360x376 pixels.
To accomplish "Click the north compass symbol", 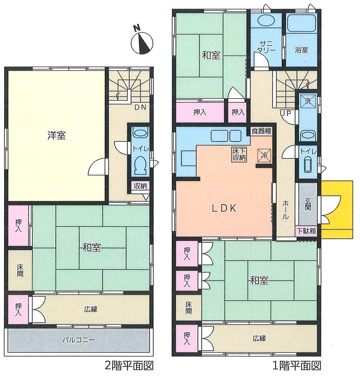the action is [142, 42].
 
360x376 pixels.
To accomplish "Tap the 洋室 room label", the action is [56, 136].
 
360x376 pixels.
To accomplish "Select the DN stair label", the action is [140, 107].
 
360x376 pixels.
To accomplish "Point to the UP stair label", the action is [285, 113].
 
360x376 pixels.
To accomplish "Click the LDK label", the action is [224, 208].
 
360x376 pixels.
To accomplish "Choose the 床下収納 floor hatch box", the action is [239, 154].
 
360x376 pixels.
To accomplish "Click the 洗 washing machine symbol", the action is [308, 101].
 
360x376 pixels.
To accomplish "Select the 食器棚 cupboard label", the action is [262, 131].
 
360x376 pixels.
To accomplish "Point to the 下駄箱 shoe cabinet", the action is [306, 231].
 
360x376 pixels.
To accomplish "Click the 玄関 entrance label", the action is [308, 204].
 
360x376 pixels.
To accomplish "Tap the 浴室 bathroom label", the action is [301, 50].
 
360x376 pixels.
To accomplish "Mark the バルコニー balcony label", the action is [79, 340].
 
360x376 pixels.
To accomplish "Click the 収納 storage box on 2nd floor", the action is [141, 186].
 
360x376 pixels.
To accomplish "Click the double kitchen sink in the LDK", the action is [226, 136].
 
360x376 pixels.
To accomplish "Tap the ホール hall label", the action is [285, 210].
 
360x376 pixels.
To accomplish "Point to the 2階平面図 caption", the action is [129, 366].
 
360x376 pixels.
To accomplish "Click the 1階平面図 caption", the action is [297, 366].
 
